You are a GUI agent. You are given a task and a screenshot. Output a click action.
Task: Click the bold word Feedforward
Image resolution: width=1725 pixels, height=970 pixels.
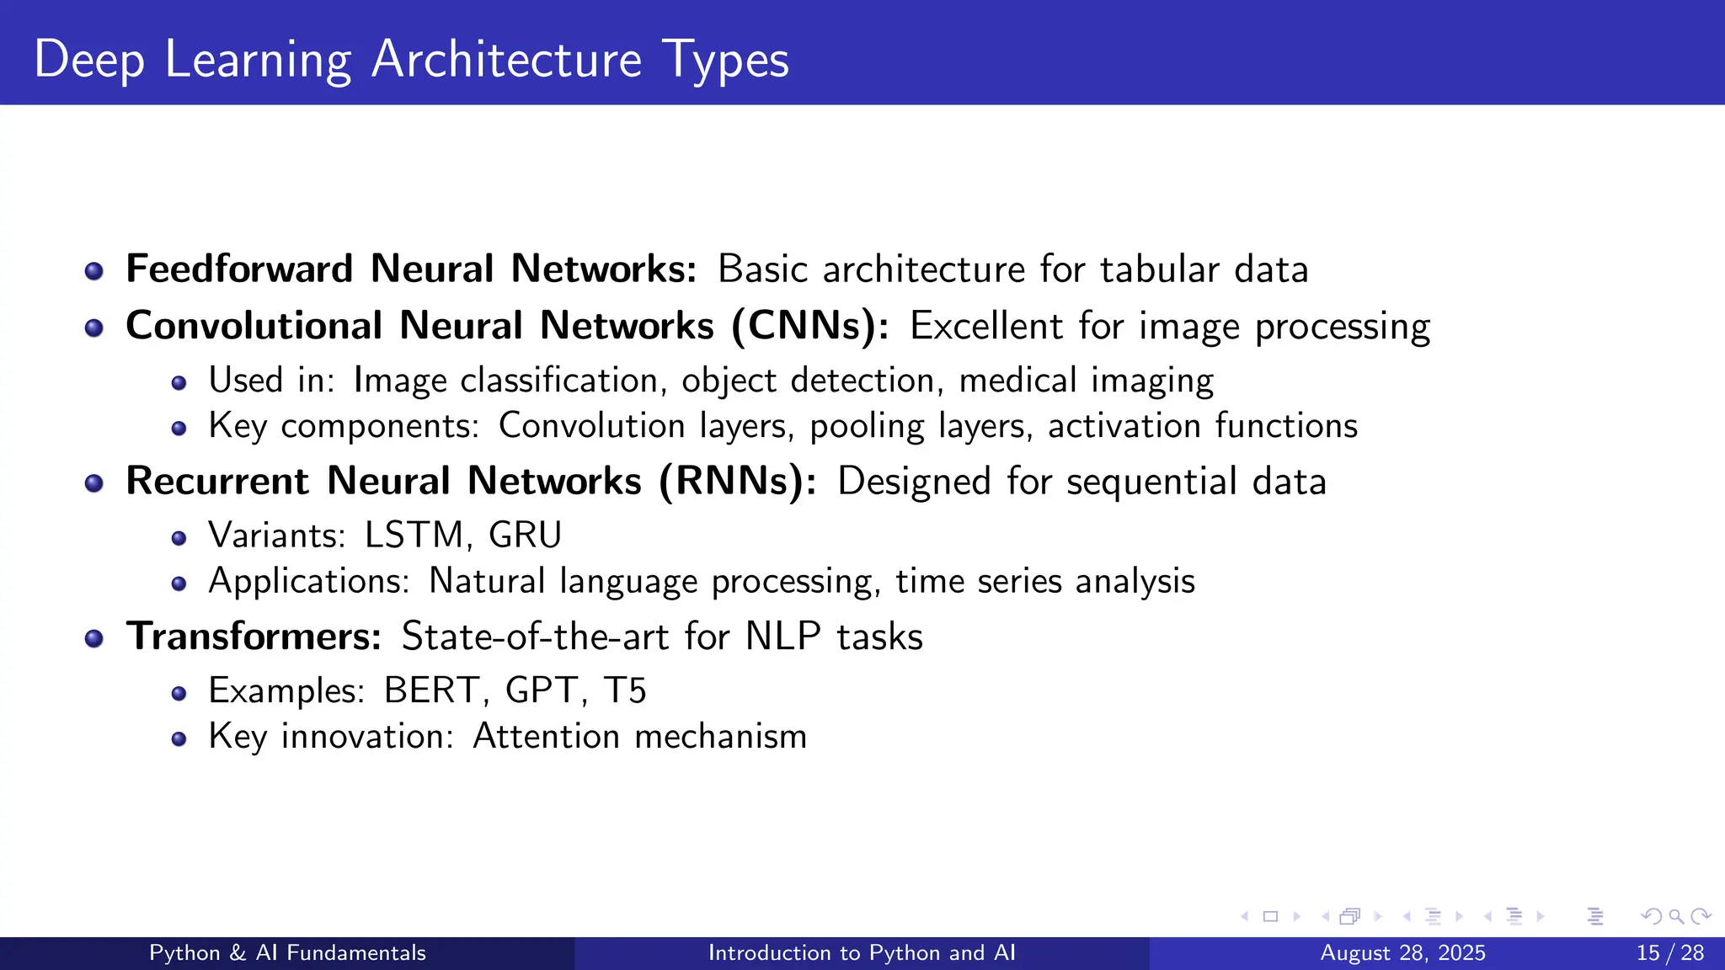point(239,269)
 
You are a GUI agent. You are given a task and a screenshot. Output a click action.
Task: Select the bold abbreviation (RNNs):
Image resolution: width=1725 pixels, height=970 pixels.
point(738,482)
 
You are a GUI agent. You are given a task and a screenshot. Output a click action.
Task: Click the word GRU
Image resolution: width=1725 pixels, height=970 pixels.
point(525,536)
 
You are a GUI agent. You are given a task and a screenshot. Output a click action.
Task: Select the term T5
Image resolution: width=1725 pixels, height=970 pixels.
point(625,690)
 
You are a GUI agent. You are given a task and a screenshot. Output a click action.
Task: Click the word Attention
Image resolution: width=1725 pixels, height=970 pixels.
point(547,737)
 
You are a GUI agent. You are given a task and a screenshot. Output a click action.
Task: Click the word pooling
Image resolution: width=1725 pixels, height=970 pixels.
point(867,427)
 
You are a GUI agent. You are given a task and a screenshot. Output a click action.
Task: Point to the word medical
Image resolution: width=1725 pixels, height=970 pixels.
point(1017,381)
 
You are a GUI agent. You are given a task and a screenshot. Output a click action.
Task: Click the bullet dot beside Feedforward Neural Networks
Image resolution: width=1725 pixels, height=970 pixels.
point(94,271)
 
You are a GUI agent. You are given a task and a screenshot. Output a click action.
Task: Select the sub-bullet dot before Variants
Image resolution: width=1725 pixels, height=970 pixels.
point(179,538)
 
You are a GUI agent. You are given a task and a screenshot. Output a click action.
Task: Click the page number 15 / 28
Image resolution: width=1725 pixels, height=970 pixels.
point(1669,953)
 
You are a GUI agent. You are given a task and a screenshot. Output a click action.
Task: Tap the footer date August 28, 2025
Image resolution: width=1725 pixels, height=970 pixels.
point(1402,953)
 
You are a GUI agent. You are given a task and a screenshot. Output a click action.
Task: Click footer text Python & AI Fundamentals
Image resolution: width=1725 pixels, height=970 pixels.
point(287,953)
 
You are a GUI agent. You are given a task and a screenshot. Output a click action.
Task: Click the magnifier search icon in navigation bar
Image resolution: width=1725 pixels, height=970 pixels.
point(1676,916)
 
